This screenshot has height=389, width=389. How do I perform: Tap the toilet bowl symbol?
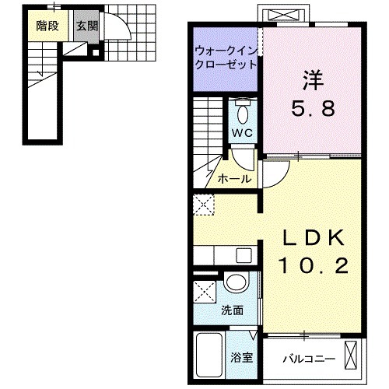tap(242, 114)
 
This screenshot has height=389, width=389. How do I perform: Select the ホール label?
tap(233, 178)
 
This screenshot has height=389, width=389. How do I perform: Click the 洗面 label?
tap(233, 310)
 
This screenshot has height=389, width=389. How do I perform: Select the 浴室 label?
tap(242, 358)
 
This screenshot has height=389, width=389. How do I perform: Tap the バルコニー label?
tap(308, 359)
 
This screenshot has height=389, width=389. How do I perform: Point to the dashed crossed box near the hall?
tap(203, 206)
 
